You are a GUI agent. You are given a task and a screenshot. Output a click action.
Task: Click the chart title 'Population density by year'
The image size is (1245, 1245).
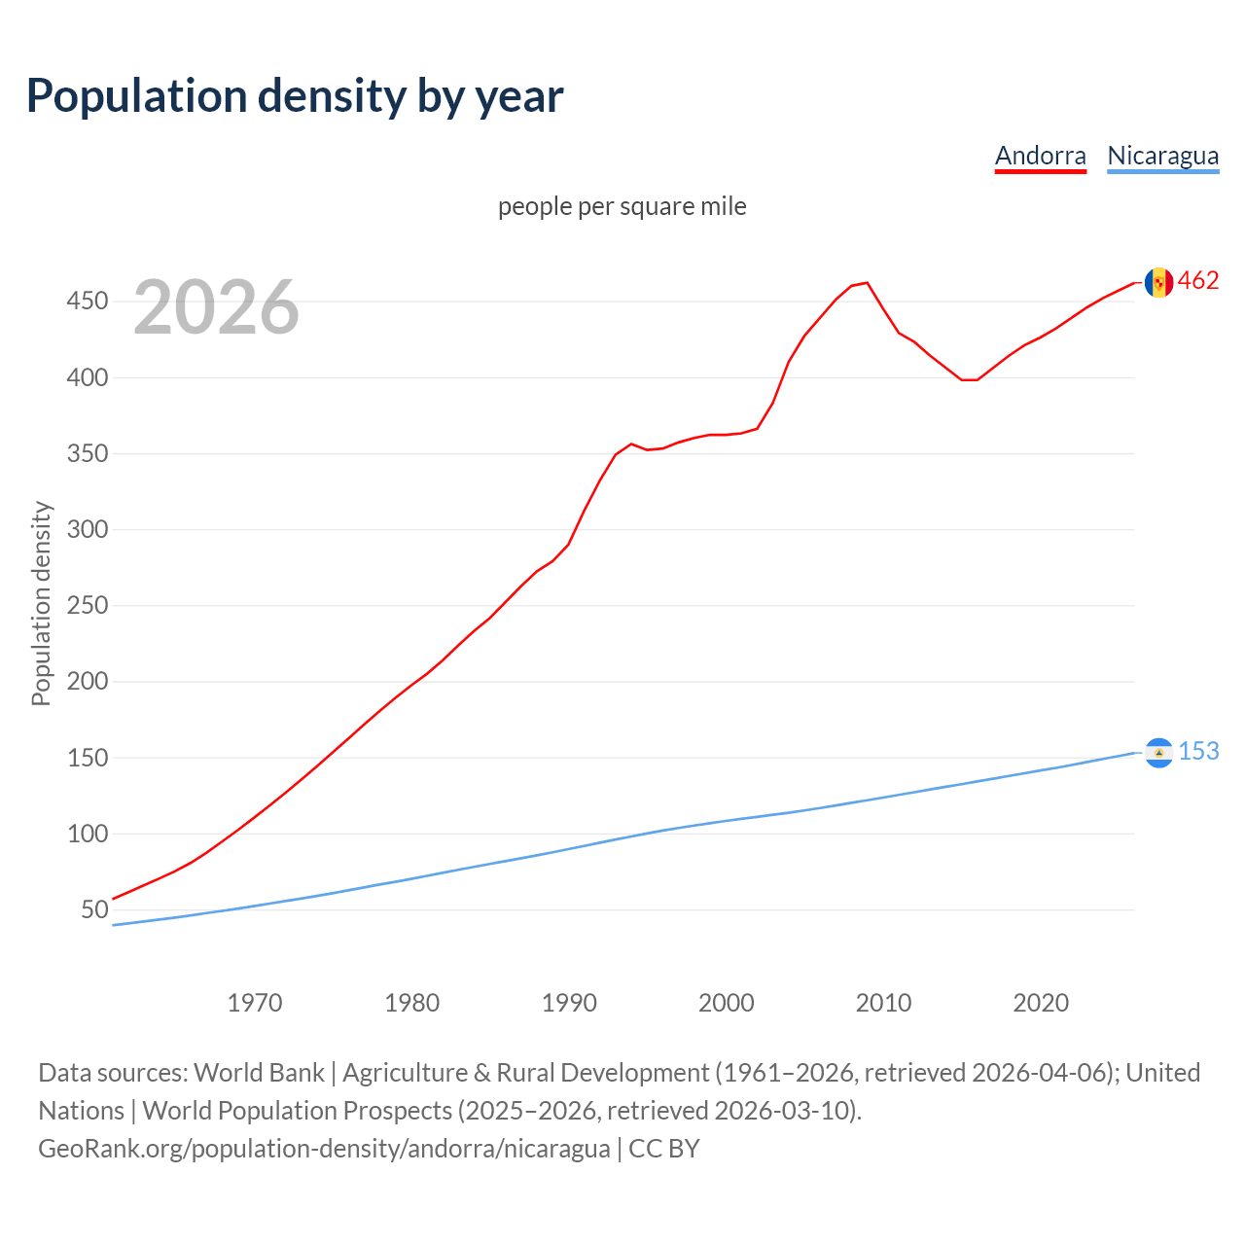click(x=295, y=95)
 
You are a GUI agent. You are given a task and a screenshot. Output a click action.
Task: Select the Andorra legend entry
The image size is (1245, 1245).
click(x=1040, y=156)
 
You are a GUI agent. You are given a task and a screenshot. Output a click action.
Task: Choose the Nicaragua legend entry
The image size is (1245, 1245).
click(x=1162, y=156)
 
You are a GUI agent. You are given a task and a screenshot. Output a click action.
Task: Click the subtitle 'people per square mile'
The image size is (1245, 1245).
click(x=622, y=206)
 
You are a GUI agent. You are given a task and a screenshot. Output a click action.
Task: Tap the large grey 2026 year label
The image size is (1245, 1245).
click(x=216, y=307)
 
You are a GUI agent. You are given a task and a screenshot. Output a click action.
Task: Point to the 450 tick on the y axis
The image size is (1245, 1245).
click(x=87, y=302)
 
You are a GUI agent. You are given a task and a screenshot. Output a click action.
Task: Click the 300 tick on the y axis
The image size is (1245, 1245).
click(x=87, y=530)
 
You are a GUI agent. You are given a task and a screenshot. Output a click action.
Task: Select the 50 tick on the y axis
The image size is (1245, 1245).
click(x=93, y=910)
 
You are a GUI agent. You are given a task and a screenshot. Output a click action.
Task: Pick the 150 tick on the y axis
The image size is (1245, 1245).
click(x=87, y=758)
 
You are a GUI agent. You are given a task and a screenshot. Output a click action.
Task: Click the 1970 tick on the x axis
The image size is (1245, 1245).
click(x=255, y=1002)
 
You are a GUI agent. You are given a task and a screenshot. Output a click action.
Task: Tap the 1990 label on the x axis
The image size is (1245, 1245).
click(x=569, y=1002)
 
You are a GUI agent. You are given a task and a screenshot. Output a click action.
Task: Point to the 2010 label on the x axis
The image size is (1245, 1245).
click(x=883, y=1002)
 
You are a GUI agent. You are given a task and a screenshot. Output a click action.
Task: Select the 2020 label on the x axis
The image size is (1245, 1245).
click(x=1041, y=1002)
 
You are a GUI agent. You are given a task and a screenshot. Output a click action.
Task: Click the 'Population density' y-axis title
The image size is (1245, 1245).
click(x=41, y=603)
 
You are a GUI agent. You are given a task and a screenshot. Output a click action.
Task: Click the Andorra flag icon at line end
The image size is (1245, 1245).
click(x=1158, y=282)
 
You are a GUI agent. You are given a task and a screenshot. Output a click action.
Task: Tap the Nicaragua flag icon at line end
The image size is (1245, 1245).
click(x=1158, y=753)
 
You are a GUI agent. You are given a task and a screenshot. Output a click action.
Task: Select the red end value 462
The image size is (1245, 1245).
click(x=1198, y=281)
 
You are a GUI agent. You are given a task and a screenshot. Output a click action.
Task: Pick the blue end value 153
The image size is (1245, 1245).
click(x=1198, y=752)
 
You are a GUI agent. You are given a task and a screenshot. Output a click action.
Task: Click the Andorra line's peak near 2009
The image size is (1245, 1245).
click(x=867, y=283)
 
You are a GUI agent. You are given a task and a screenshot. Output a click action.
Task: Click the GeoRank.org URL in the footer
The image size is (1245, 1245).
click(x=324, y=1149)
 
